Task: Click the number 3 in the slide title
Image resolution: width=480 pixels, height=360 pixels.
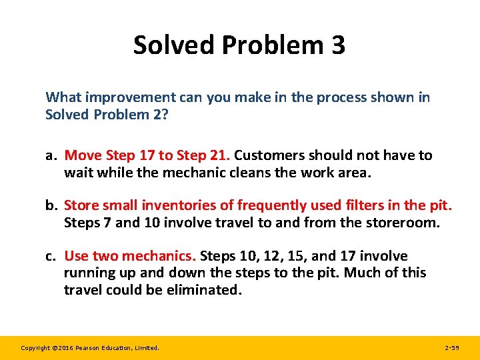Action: (337, 45)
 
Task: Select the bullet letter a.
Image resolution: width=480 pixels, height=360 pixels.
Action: (50, 155)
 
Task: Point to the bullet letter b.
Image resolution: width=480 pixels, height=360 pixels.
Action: (51, 205)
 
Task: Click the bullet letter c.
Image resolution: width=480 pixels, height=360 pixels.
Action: (50, 256)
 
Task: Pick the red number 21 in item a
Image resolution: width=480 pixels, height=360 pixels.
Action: (217, 155)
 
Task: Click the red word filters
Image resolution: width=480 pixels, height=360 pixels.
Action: (365, 205)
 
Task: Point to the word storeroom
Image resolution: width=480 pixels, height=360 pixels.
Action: (404, 222)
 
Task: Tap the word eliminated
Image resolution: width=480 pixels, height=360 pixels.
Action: (203, 289)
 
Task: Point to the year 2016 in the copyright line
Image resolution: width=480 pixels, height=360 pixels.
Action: (61, 347)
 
